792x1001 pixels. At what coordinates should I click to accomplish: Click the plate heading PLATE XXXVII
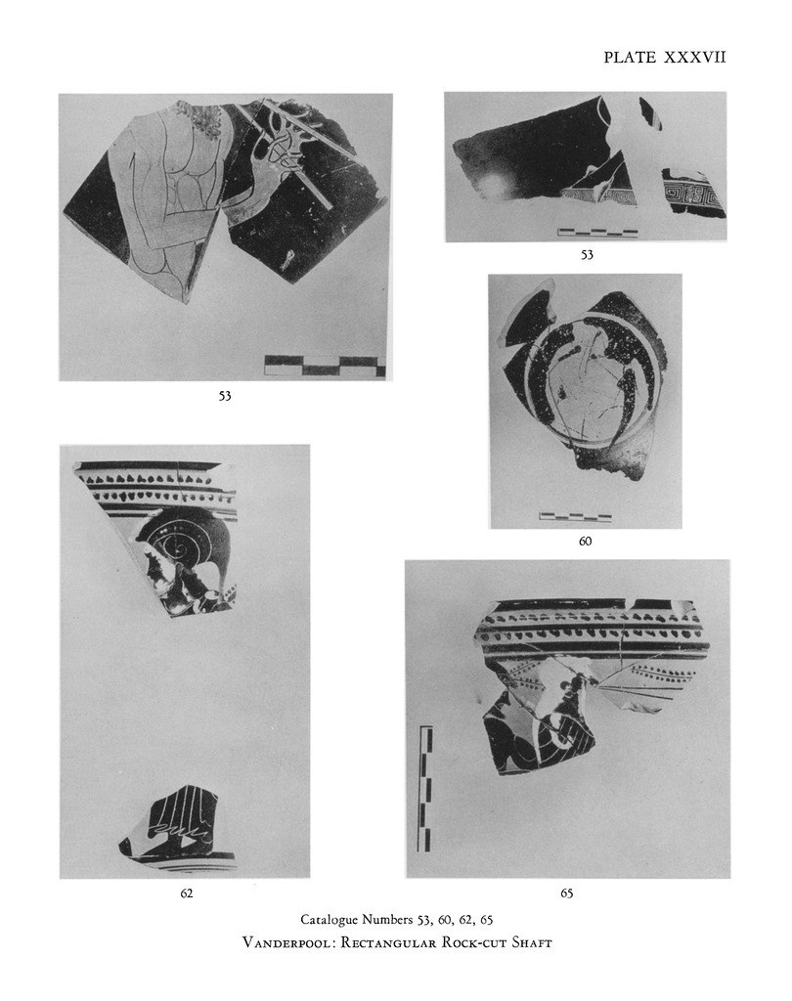click(665, 58)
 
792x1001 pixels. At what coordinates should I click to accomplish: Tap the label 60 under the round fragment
click(585, 542)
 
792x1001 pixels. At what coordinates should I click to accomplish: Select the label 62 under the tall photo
click(186, 893)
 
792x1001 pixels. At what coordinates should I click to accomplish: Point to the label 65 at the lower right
click(566, 893)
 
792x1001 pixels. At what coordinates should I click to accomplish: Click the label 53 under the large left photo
click(225, 396)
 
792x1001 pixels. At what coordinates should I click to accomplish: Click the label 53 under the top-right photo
click(587, 255)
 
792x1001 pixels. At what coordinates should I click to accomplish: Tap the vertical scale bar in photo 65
click(424, 788)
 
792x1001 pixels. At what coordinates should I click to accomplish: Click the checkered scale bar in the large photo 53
click(325, 366)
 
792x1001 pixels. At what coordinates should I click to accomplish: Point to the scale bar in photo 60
click(576, 516)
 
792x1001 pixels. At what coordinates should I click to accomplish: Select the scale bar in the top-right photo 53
click(597, 233)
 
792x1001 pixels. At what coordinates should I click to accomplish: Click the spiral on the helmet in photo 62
click(182, 544)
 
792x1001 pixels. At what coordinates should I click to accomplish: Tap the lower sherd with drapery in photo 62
click(176, 825)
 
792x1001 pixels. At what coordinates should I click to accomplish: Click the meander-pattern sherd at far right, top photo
click(693, 193)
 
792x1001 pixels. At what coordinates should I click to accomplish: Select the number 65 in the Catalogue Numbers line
click(486, 920)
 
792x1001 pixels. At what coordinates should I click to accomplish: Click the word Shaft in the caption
click(531, 942)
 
